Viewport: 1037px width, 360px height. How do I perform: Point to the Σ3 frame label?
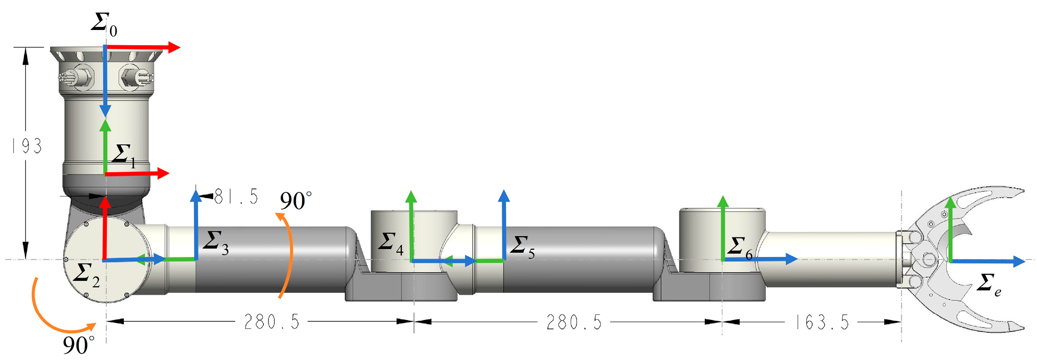tap(216, 243)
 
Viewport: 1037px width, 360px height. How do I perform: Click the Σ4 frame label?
tap(390, 244)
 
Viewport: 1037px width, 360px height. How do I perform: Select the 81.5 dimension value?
tap(236, 197)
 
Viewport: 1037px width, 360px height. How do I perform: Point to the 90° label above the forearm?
tap(295, 201)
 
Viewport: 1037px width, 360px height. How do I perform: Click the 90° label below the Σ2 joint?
tap(79, 345)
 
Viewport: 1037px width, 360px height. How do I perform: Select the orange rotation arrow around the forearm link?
tap(289, 256)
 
